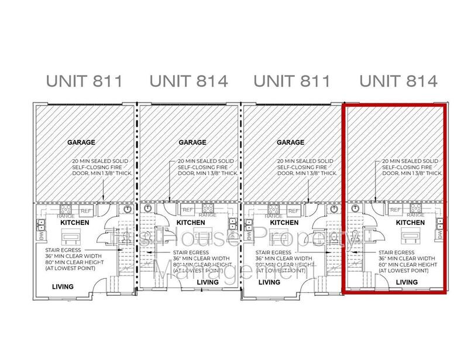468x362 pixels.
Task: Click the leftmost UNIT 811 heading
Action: click(x=85, y=81)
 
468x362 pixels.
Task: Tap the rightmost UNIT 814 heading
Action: click(x=398, y=81)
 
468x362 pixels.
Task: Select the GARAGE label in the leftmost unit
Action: click(x=81, y=142)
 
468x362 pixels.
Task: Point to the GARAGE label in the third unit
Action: click(x=290, y=142)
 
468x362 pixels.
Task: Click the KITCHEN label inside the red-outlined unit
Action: click(x=410, y=223)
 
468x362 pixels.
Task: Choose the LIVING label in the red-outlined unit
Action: click(x=407, y=282)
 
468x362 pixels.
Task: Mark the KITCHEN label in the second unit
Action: click(x=191, y=223)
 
